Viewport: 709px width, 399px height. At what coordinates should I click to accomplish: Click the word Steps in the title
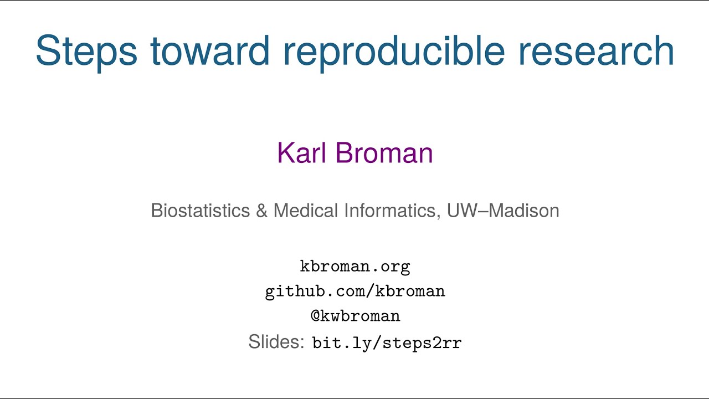[x=86, y=51]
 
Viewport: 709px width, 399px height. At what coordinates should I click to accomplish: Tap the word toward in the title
[x=210, y=51]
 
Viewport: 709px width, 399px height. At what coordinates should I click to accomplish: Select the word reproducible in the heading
[x=394, y=51]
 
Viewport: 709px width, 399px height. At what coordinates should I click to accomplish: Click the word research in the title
[x=596, y=51]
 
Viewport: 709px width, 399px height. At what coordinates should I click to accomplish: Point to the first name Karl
[x=302, y=152]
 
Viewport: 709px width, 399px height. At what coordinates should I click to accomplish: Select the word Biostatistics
[x=201, y=211]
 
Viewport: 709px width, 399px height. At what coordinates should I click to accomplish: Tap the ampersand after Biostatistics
[x=261, y=211]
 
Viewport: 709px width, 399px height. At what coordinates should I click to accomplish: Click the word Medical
[x=306, y=211]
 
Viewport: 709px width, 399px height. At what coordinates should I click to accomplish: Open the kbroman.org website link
[x=355, y=267]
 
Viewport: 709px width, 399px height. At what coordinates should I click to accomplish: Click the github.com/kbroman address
[x=355, y=291]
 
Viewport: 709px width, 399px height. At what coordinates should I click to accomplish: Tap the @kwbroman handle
[x=355, y=316]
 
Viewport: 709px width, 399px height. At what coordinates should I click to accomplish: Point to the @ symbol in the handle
[x=315, y=316]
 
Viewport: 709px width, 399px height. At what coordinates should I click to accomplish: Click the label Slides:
[x=276, y=342]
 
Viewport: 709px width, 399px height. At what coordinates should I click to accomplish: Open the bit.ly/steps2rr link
[x=387, y=343]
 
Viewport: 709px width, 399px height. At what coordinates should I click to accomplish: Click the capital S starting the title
[x=48, y=51]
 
